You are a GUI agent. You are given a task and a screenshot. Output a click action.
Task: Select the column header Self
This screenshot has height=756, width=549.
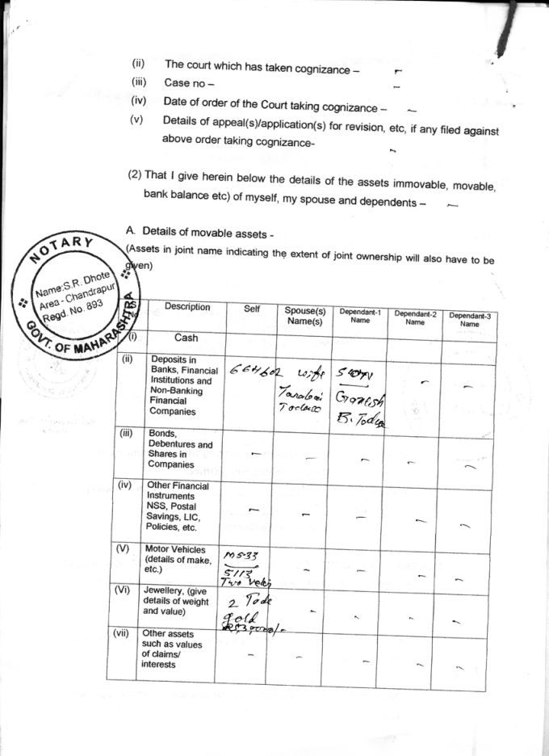[x=251, y=309]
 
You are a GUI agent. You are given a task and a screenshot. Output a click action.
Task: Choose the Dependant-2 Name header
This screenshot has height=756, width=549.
[x=415, y=317]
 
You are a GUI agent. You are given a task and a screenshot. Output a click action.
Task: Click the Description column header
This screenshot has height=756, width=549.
[x=187, y=307]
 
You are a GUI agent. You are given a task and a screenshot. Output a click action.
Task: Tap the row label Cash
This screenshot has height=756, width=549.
[x=186, y=338]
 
